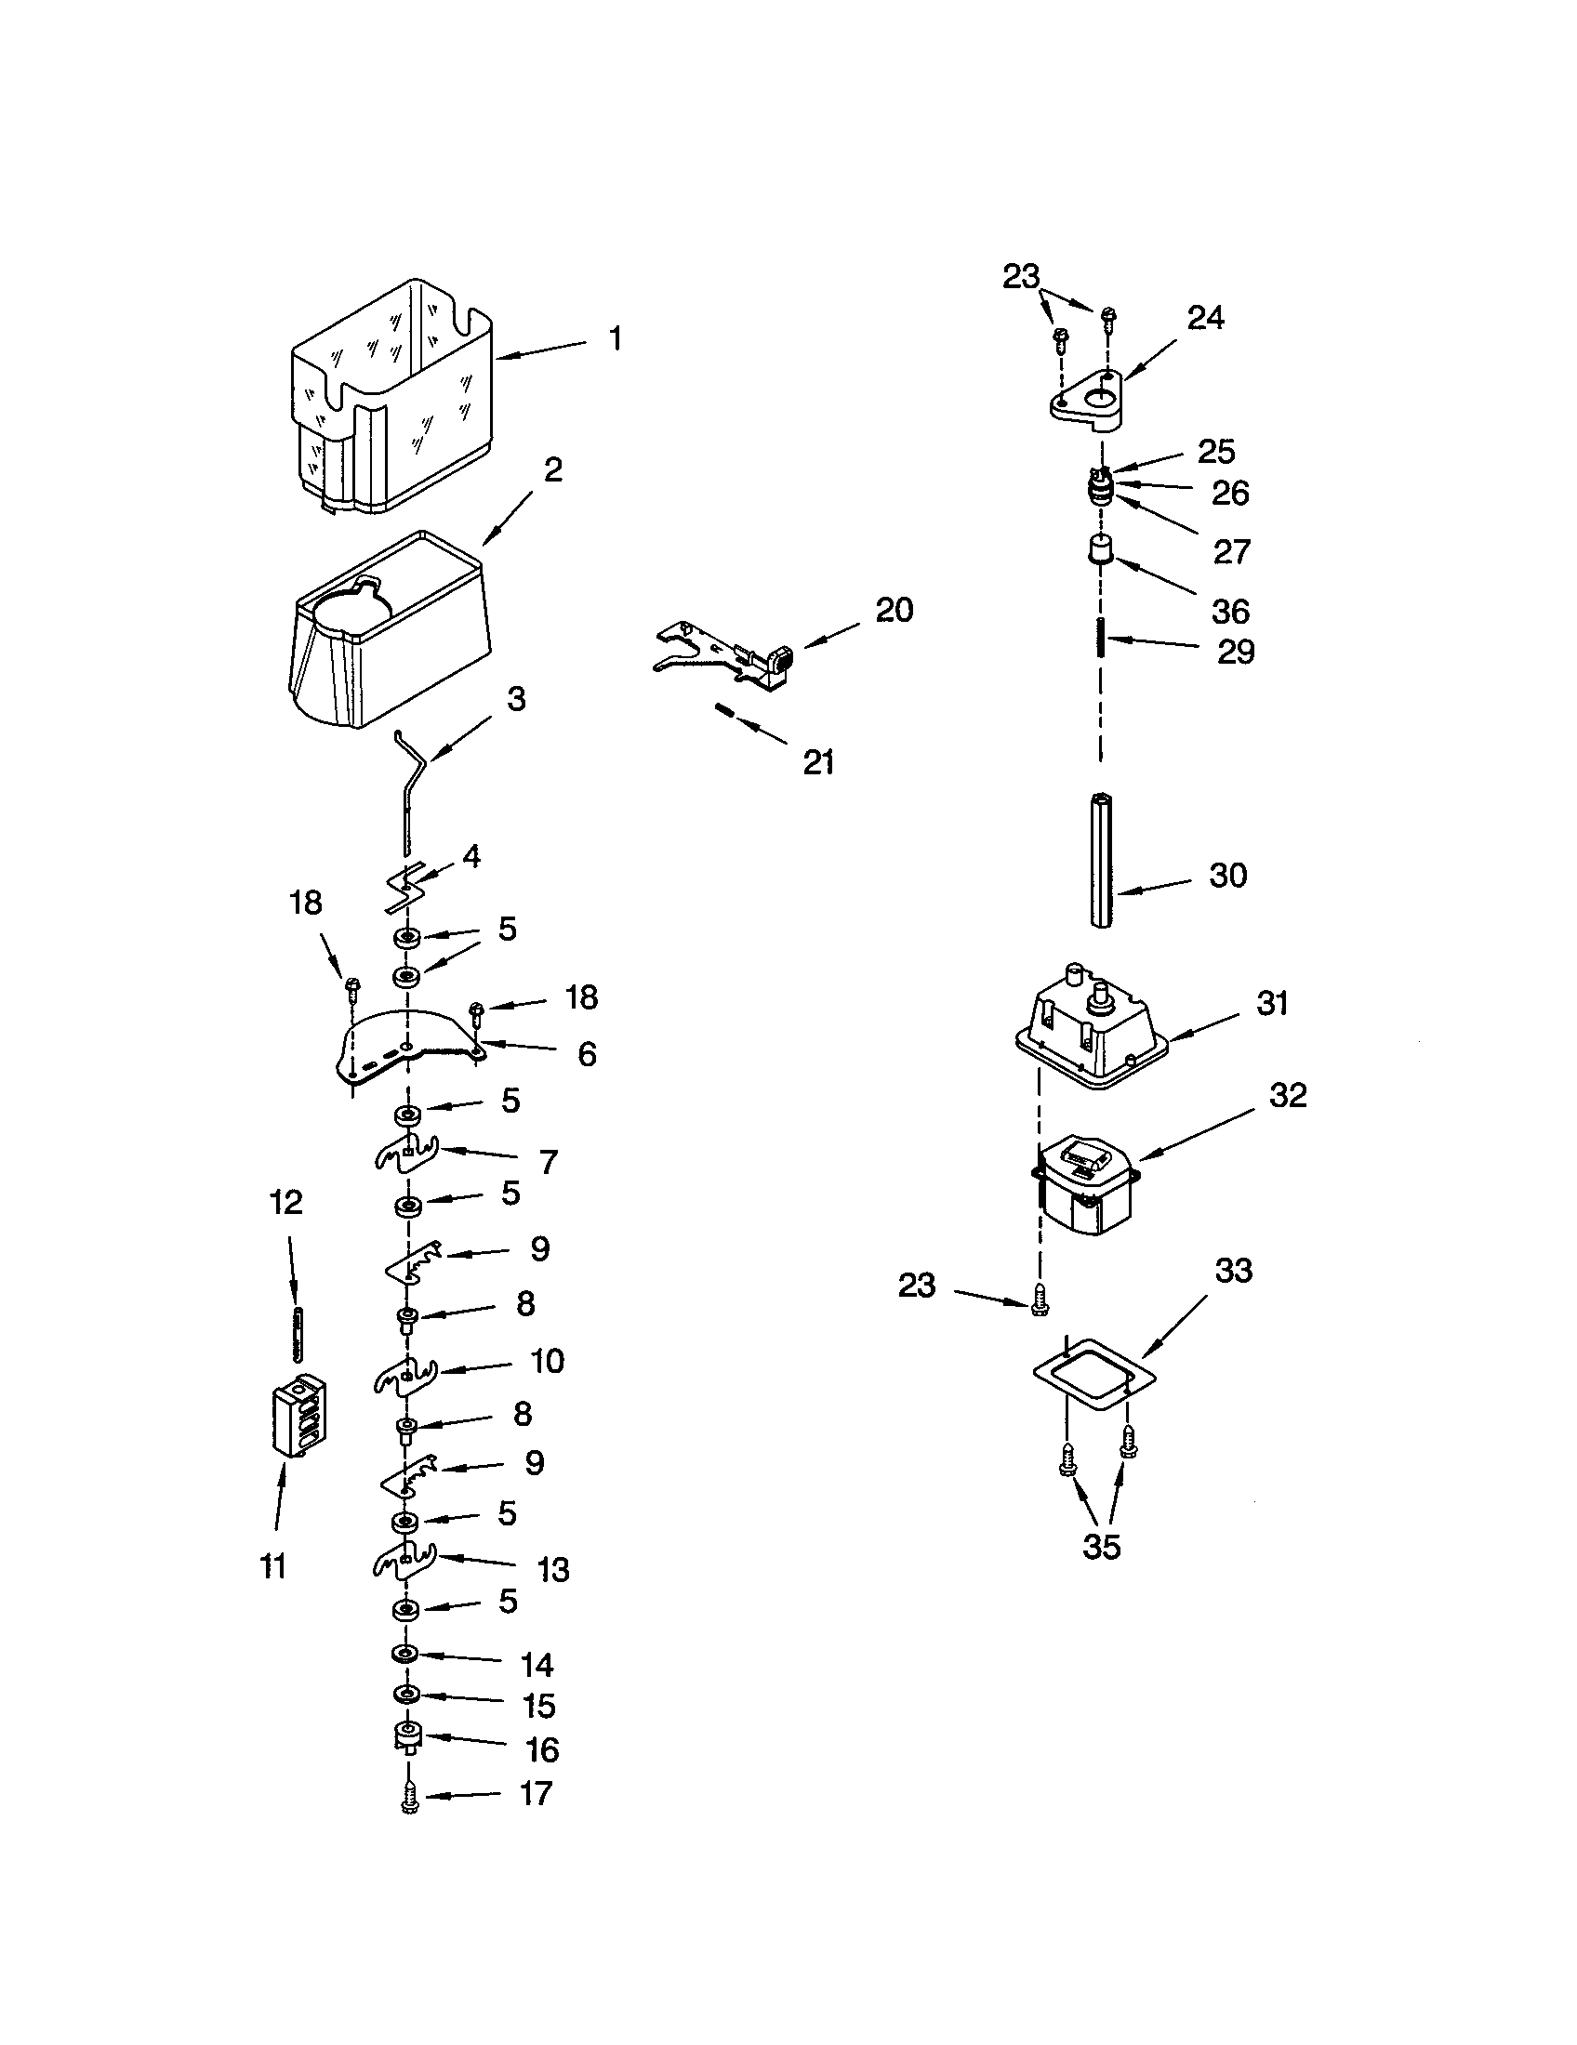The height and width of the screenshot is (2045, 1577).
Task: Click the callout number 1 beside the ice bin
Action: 615,339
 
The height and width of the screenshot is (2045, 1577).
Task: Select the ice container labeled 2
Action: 389,637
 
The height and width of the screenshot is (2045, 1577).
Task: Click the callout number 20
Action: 894,611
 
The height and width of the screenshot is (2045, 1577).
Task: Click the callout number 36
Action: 1229,612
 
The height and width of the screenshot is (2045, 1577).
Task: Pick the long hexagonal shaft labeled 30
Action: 1102,859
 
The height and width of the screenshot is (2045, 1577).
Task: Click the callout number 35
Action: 1100,1547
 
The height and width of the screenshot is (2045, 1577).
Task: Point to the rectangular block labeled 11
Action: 298,1414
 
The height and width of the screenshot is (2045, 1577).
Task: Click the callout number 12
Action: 286,1202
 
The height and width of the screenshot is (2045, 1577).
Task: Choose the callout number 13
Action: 552,1570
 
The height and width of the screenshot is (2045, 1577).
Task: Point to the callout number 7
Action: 548,1162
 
